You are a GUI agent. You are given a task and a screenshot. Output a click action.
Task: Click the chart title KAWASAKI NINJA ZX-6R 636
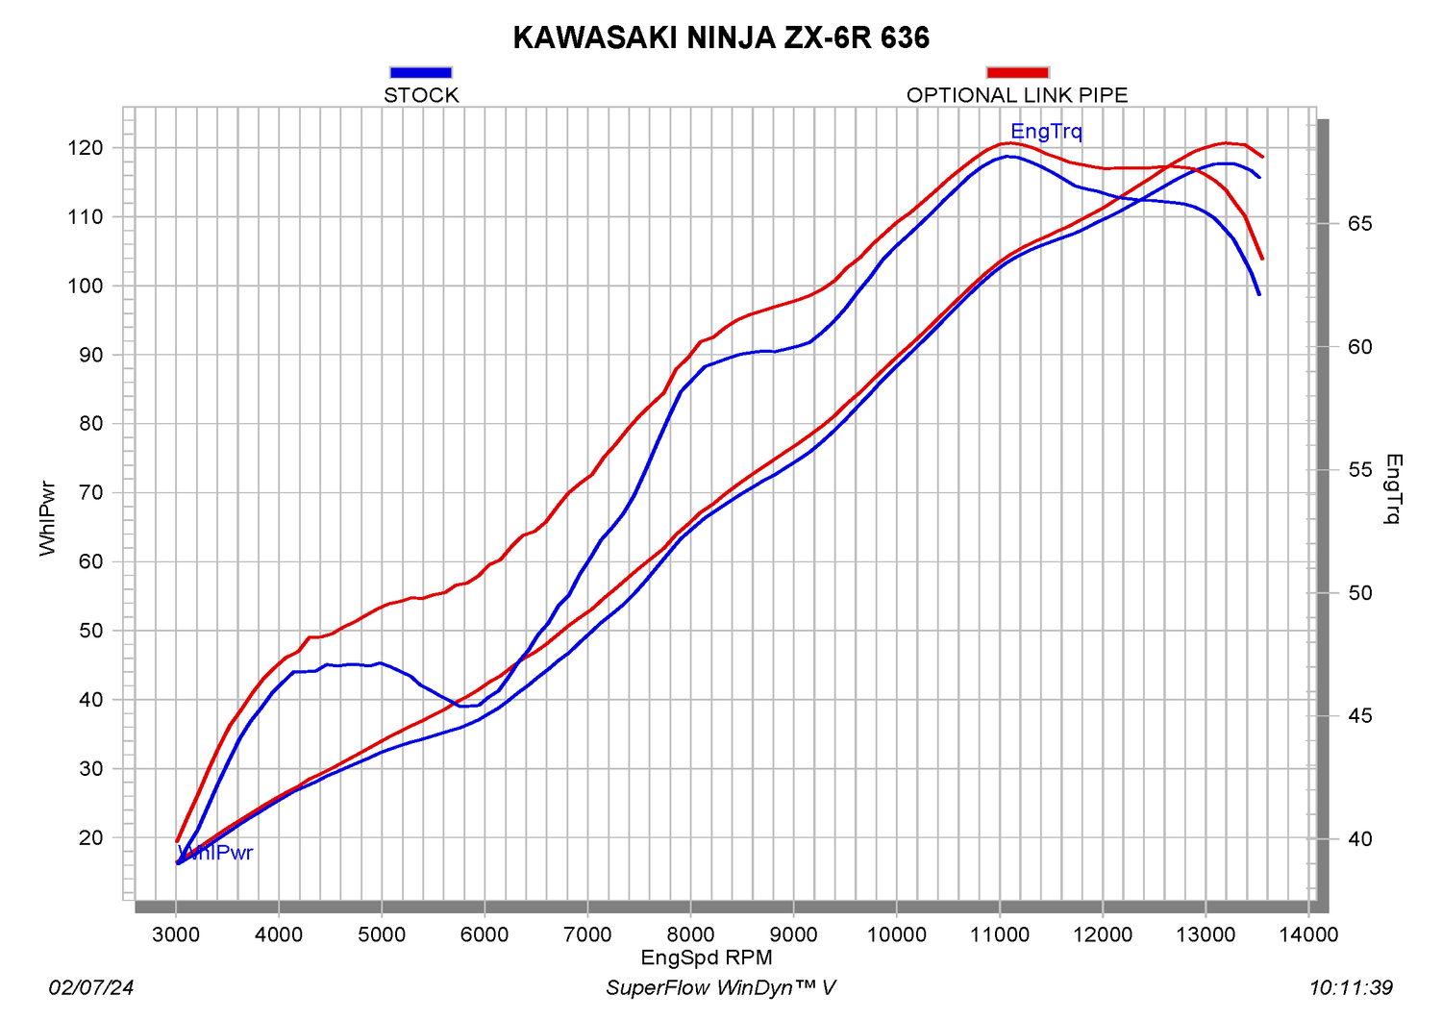pyautogui.click(x=721, y=37)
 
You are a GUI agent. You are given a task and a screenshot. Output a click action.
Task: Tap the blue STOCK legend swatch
pyautogui.click(x=421, y=72)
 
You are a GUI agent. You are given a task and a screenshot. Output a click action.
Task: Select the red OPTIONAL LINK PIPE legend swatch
pyautogui.click(x=1017, y=72)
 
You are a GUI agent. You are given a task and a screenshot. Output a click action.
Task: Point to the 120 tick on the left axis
pyautogui.click(x=85, y=148)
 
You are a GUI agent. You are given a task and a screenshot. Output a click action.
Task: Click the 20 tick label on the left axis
pyautogui.click(x=90, y=837)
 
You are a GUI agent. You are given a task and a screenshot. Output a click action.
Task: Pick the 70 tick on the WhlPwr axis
pyautogui.click(x=90, y=493)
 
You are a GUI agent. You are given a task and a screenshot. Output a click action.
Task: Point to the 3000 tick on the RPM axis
pyautogui.click(x=176, y=934)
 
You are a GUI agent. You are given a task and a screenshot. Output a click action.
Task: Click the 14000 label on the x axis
pyautogui.click(x=1308, y=934)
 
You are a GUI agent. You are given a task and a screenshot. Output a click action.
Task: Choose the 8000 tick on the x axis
pyautogui.click(x=690, y=934)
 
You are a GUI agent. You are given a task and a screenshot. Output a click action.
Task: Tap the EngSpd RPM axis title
pyautogui.click(x=707, y=958)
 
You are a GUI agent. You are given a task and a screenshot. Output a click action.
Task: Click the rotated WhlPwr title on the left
pyautogui.click(x=48, y=519)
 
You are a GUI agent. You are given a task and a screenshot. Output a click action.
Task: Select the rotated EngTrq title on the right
pyautogui.click(x=1394, y=489)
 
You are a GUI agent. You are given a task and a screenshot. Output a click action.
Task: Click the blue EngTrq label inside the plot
pyautogui.click(x=1046, y=132)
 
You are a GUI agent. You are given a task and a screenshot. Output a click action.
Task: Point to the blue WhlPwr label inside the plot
pyautogui.click(x=216, y=853)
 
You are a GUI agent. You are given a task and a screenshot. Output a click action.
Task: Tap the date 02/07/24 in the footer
pyautogui.click(x=91, y=987)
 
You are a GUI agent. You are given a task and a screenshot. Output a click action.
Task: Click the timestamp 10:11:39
pyautogui.click(x=1351, y=987)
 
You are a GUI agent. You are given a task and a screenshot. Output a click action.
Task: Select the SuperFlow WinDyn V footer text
pyautogui.click(x=721, y=987)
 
